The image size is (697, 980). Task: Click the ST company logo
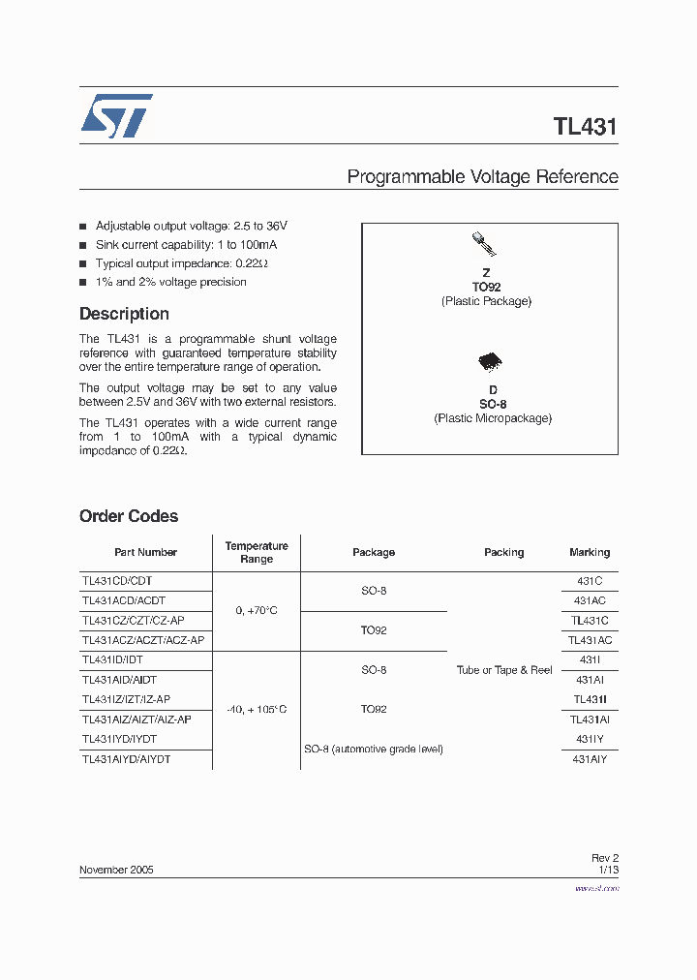(x=115, y=117)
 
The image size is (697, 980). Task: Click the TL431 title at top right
(x=585, y=127)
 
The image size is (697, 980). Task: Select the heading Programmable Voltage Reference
(x=482, y=177)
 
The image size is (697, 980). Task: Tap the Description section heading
(x=124, y=314)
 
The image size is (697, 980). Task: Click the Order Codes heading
(x=129, y=516)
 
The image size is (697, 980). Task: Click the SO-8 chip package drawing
(x=490, y=362)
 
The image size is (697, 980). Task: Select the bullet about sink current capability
(x=172, y=245)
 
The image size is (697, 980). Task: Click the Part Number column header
(x=145, y=552)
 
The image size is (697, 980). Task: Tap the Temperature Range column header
(x=257, y=552)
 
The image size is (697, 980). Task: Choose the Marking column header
(x=590, y=552)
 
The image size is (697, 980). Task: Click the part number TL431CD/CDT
(x=117, y=581)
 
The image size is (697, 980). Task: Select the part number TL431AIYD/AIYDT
(x=127, y=760)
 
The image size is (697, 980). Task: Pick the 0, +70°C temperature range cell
(x=257, y=611)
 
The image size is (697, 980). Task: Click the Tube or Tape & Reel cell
(x=504, y=670)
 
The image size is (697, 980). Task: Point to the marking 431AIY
(x=590, y=760)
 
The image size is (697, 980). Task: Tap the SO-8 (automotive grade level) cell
(x=374, y=750)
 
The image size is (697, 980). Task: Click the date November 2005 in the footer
(x=116, y=870)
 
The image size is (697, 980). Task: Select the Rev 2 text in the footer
(x=604, y=858)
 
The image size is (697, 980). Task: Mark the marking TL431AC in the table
(x=590, y=640)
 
